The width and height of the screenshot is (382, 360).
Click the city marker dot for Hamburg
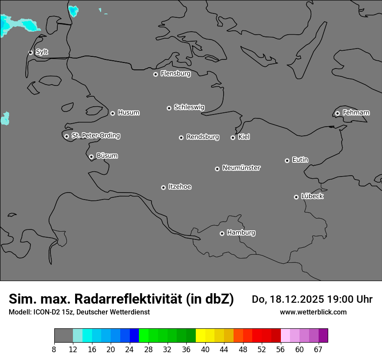222,233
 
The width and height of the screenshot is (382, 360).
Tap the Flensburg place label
175,74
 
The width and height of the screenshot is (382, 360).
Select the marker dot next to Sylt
31,52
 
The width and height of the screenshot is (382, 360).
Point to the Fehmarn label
356,113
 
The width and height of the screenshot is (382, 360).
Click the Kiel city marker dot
233,137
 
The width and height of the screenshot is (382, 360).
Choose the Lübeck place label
312,196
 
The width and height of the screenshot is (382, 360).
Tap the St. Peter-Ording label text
95,136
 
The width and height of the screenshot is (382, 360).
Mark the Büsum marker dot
91,157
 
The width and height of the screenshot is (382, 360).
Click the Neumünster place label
241,168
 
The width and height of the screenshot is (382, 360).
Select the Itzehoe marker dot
163,187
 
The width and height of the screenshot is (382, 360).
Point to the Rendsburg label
203,137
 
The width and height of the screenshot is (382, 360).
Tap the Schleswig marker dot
169,108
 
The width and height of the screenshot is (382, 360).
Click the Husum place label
128,113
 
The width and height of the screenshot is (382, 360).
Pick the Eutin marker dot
287,160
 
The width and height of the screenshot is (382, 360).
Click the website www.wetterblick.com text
313,312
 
